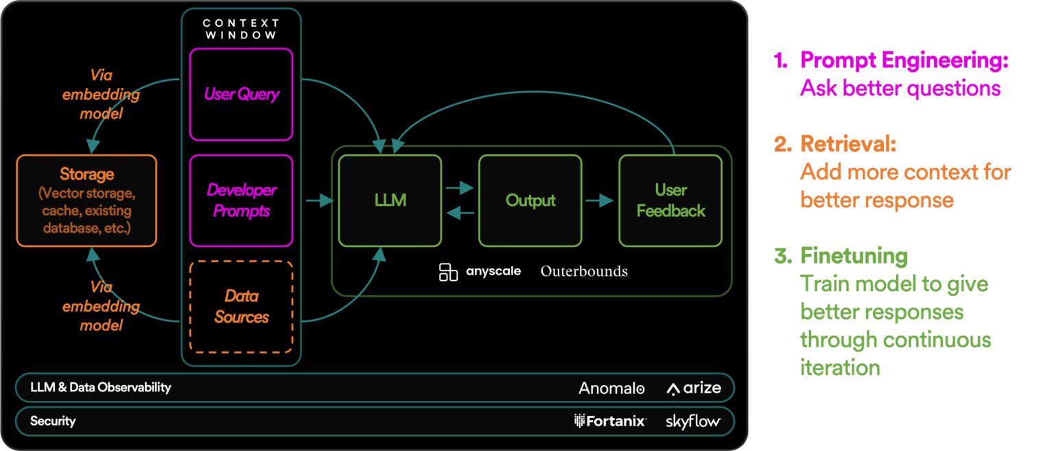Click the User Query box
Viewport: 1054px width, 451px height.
pos(241,93)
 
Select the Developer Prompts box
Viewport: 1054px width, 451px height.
pos(241,200)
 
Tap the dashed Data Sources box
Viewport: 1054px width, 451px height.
pos(241,306)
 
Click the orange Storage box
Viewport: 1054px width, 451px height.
pos(86,200)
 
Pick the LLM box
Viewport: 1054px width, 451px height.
pos(390,200)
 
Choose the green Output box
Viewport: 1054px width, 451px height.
pos(530,200)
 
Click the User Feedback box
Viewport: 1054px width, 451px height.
pos(670,200)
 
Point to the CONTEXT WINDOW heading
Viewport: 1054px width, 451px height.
pos(240,28)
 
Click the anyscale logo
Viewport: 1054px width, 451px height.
pos(480,271)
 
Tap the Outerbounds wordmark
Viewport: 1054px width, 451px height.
pos(584,271)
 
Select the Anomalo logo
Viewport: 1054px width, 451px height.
pos(611,389)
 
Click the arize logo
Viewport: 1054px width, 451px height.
pos(694,389)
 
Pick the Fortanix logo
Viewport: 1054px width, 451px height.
pos(610,421)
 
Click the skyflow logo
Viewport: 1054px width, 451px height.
pos(692,421)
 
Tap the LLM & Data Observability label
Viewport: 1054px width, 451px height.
pos(100,387)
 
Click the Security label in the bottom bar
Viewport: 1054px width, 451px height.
pos(53,421)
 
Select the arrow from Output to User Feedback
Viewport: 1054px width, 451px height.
pos(600,200)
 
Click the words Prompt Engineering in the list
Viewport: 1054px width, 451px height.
pos(904,60)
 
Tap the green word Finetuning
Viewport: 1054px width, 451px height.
pos(854,256)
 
